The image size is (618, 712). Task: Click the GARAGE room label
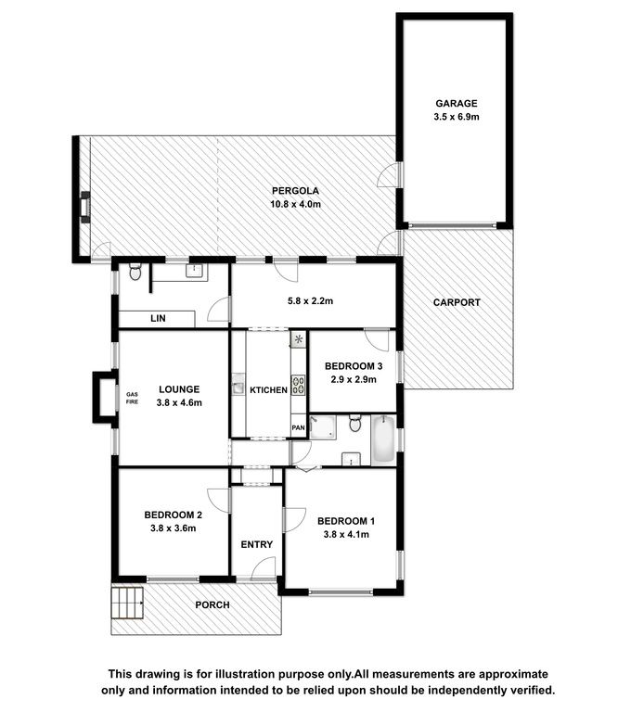coord(457,104)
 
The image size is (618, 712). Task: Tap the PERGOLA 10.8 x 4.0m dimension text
coord(295,204)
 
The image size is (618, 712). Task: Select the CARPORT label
coord(457,302)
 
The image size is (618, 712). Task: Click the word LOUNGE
coord(179,389)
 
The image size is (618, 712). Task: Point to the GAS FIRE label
coord(132,399)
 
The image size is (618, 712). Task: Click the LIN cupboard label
coord(158,318)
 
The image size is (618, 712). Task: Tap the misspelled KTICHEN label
coord(268,390)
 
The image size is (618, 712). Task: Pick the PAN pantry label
coord(298,427)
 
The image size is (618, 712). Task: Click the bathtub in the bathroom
coord(383,439)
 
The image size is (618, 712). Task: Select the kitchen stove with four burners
coord(298,385)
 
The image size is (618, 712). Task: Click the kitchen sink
coord(238,385)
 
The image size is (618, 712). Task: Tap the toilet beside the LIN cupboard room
coord(135,272)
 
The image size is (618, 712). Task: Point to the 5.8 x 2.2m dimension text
coord(310,301)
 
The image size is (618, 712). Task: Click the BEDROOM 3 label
coord(354,366)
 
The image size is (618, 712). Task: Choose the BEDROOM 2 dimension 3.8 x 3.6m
coord(174,528)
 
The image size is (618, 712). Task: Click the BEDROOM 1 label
coord(346,521)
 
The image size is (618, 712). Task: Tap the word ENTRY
coord(257,544)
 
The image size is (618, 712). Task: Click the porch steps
coord(128,603)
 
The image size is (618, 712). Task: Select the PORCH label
coord(212,605)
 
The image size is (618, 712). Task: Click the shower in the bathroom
coord(323,427)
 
